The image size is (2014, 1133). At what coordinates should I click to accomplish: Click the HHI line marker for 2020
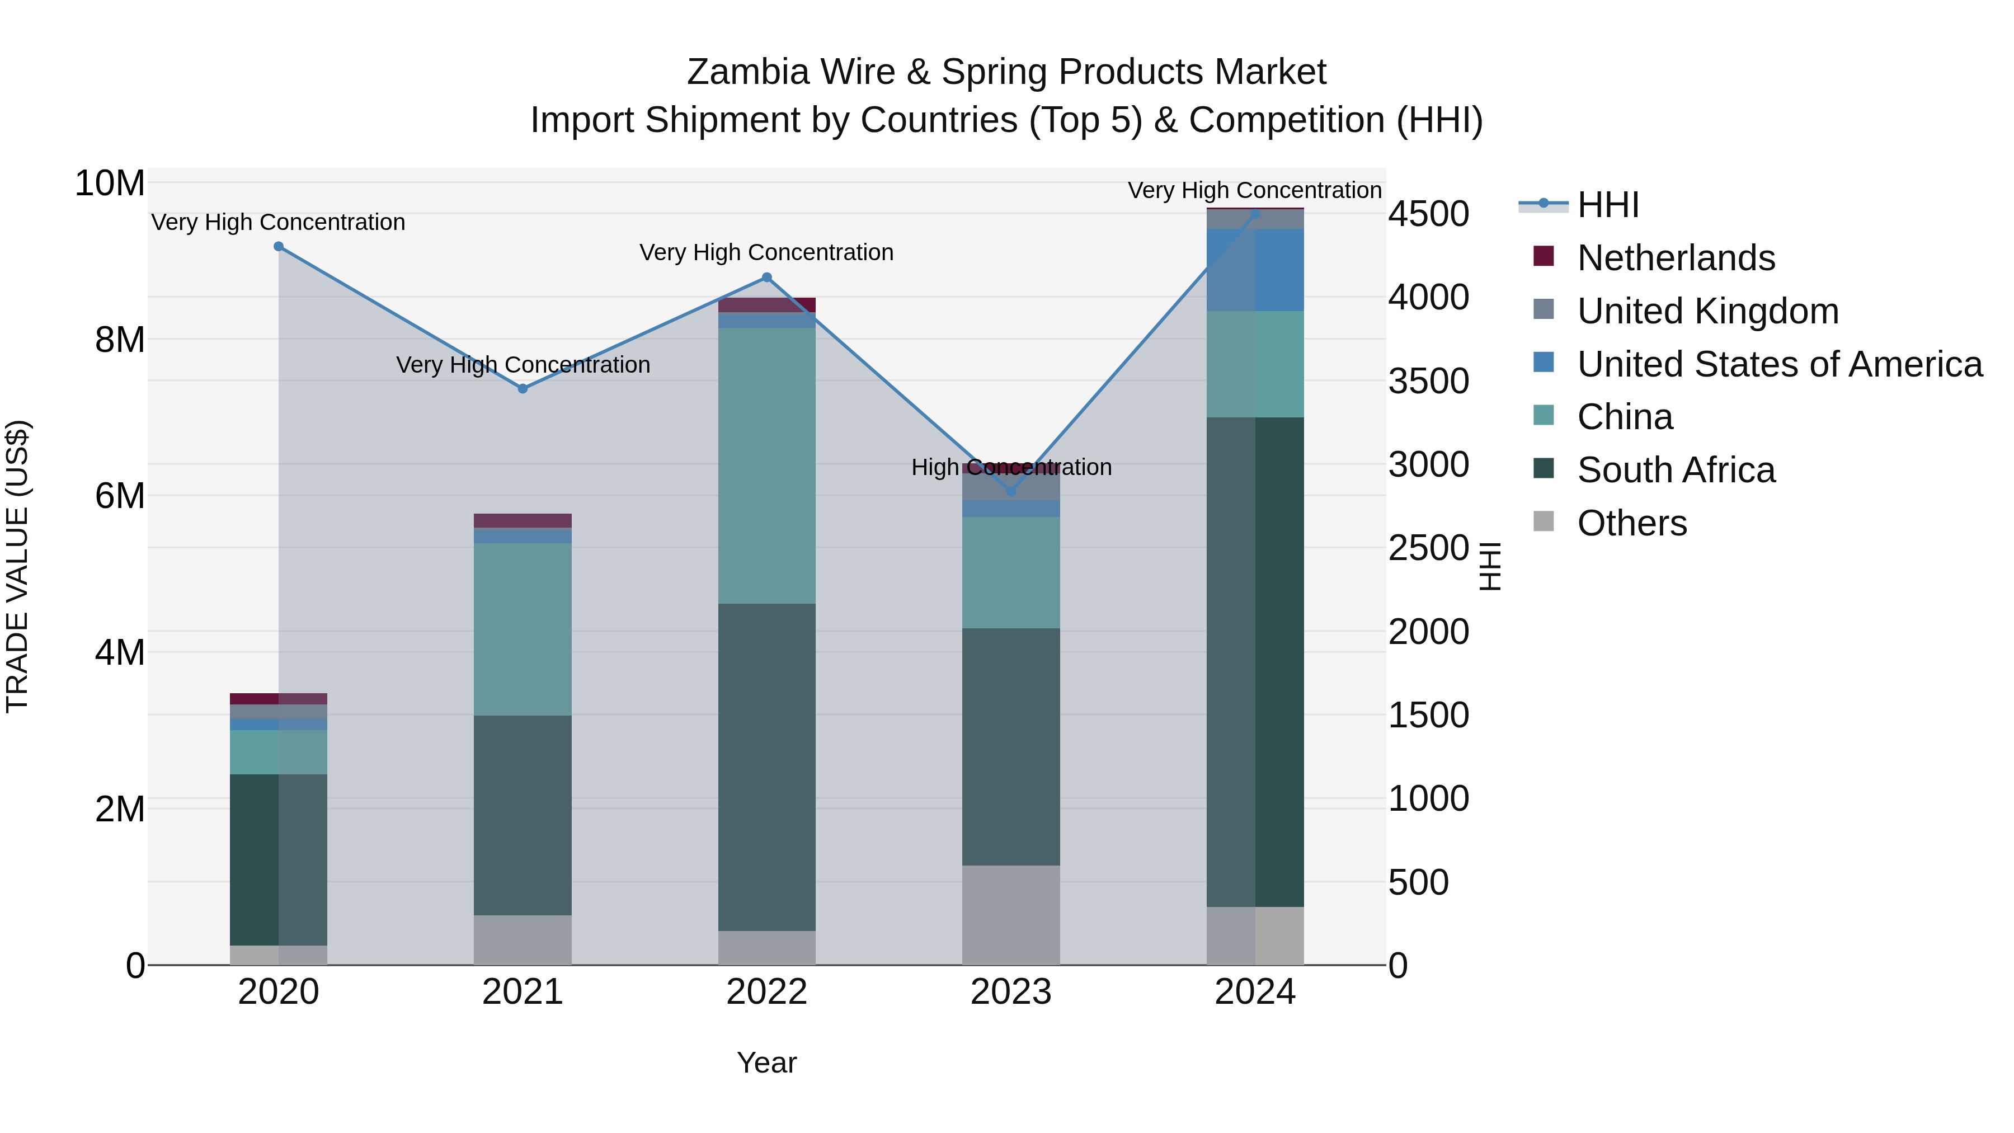click(279, 246)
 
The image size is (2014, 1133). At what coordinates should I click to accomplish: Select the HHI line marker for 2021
click(523, 389)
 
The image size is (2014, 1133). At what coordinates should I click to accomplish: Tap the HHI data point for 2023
click(1011, 491)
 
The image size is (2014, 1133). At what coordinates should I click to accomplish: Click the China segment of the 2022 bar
click(767, 466)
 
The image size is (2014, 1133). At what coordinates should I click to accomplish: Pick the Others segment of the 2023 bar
click(1011, 915)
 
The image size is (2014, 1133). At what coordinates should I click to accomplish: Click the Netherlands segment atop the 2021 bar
click(523, 521)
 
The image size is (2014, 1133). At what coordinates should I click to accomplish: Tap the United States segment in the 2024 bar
click(1255, 270)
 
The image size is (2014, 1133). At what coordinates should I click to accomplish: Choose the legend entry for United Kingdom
click(1707, 311)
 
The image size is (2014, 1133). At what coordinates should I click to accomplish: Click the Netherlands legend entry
click(1676, 258)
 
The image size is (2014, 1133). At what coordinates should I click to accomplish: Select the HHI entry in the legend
click(1607, 205)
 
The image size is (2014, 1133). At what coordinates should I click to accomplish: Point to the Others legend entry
click(1632, 523)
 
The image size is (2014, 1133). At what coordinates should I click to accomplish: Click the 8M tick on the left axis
click(120, 340)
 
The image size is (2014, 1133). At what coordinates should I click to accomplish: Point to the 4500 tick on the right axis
click(1428, 214)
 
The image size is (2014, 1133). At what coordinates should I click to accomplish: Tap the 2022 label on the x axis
click(767, 992)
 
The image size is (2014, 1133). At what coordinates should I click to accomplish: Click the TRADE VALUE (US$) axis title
click(17, 566)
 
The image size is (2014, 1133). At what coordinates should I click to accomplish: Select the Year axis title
click(767, 1063)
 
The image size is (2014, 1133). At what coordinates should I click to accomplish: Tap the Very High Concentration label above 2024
click(1254, 190)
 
